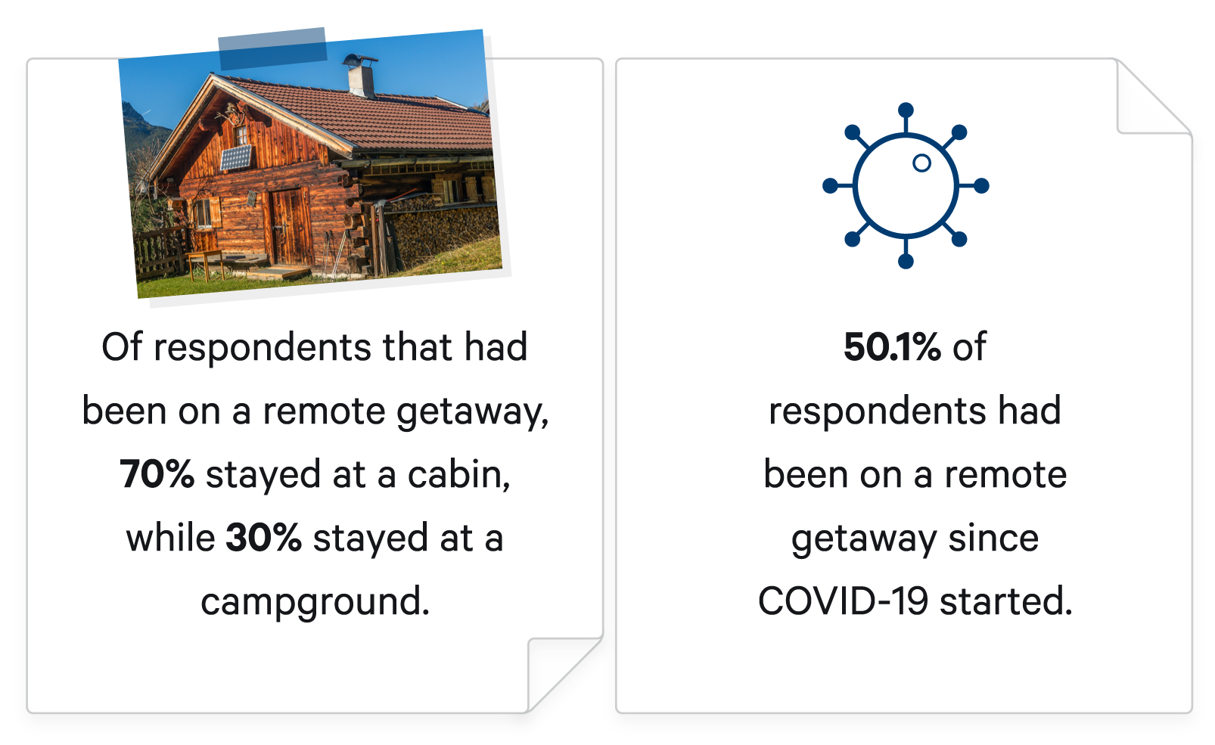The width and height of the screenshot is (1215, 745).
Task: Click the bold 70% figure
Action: tap(157, 474)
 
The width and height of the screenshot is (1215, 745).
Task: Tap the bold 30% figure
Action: tap(263, 537)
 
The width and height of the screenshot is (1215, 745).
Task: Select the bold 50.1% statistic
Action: tap(892, 346)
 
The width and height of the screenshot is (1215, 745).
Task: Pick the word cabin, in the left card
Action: tap(459, 475)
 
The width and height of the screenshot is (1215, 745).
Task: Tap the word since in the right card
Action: tap(993, 538)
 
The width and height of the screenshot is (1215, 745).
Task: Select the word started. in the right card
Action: tap(1006, 601)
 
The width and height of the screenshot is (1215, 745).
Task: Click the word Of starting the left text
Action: tap(122, 346)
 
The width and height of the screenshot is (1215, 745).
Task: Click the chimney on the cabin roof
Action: tap(360, 75)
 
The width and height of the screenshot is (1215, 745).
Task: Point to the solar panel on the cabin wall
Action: tap(236, 157)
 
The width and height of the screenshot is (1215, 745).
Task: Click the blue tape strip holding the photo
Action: tap(272, 48)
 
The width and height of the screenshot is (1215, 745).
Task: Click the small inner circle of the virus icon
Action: tap(922, 163)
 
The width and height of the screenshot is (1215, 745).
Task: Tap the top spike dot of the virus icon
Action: tap(906, 110)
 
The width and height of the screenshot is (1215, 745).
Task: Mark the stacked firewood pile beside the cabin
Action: tap(442, 233)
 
